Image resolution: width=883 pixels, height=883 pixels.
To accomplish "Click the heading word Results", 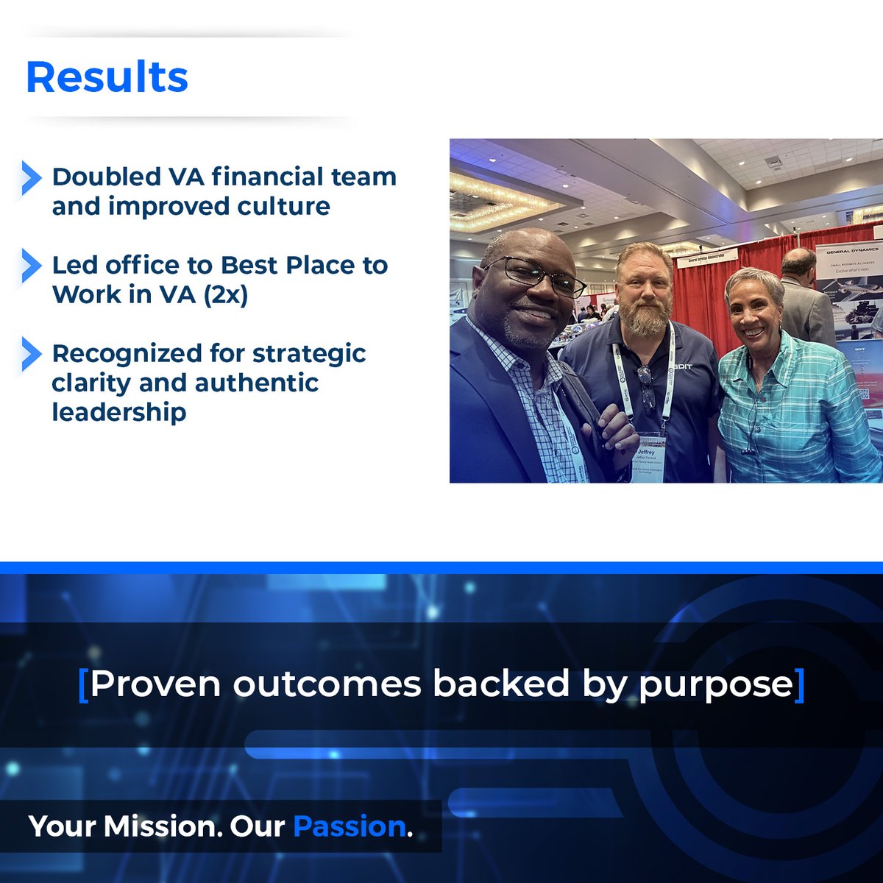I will point(107,77).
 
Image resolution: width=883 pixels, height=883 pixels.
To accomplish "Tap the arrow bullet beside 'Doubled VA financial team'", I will point(31,177).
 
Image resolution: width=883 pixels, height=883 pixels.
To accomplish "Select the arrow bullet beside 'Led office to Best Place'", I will point(31,266).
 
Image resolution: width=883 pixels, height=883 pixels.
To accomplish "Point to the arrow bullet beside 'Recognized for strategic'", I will point(31,354).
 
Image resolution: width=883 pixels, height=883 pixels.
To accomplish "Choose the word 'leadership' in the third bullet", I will point(119,413).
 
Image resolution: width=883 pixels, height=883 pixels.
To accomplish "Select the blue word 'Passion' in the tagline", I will point(350,826).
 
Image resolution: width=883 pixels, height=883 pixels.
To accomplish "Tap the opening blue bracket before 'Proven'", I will point(83,684).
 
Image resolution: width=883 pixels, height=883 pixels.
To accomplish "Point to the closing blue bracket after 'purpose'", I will point(799,684).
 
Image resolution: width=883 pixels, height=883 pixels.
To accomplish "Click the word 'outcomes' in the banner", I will point(327,684).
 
